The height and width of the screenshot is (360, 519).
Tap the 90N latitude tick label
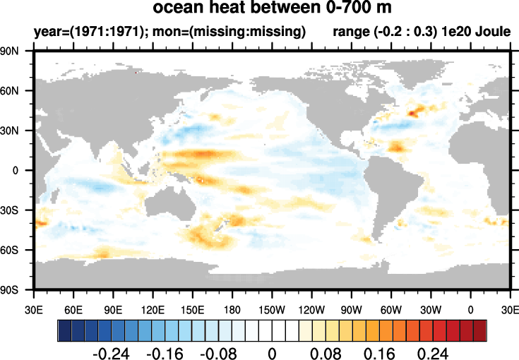[x=17, y=52]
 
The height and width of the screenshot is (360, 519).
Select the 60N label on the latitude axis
[x=17, y=91]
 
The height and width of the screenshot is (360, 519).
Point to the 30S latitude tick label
[x=17, y=210]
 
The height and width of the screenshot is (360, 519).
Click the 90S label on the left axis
[x=17, y=290]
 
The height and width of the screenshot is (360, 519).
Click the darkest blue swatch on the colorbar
[x=64, y=330]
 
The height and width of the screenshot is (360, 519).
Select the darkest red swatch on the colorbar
[x=480, y=330]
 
